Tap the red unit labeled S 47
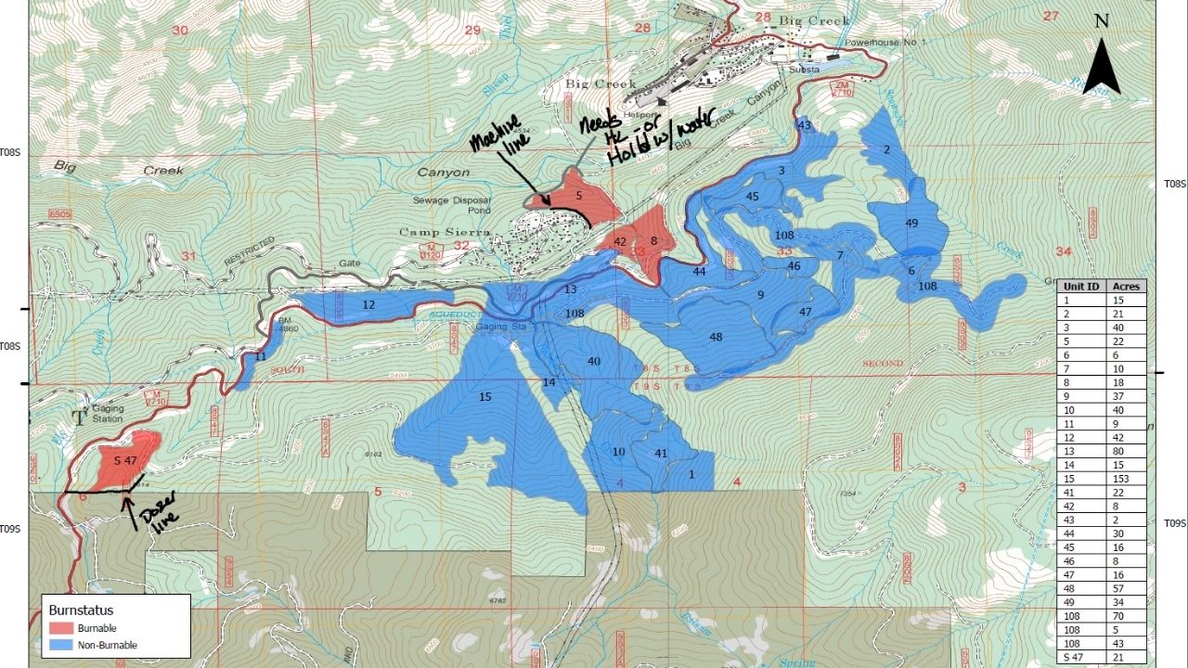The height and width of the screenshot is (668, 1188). tap(124, 460)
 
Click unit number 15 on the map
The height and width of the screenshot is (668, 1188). tap(484, 397)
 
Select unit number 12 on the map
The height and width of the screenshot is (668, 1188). tap(368, 305)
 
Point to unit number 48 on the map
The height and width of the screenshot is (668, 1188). tap(716, 337)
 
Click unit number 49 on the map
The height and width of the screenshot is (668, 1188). tap(911, 224)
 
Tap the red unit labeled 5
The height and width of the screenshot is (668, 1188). tap(578, 196)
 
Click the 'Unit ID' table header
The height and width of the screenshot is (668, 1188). tap(1081, 287)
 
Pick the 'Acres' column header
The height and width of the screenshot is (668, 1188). tap(1126, 287)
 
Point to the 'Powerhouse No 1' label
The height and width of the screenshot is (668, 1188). tap(879, 44)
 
